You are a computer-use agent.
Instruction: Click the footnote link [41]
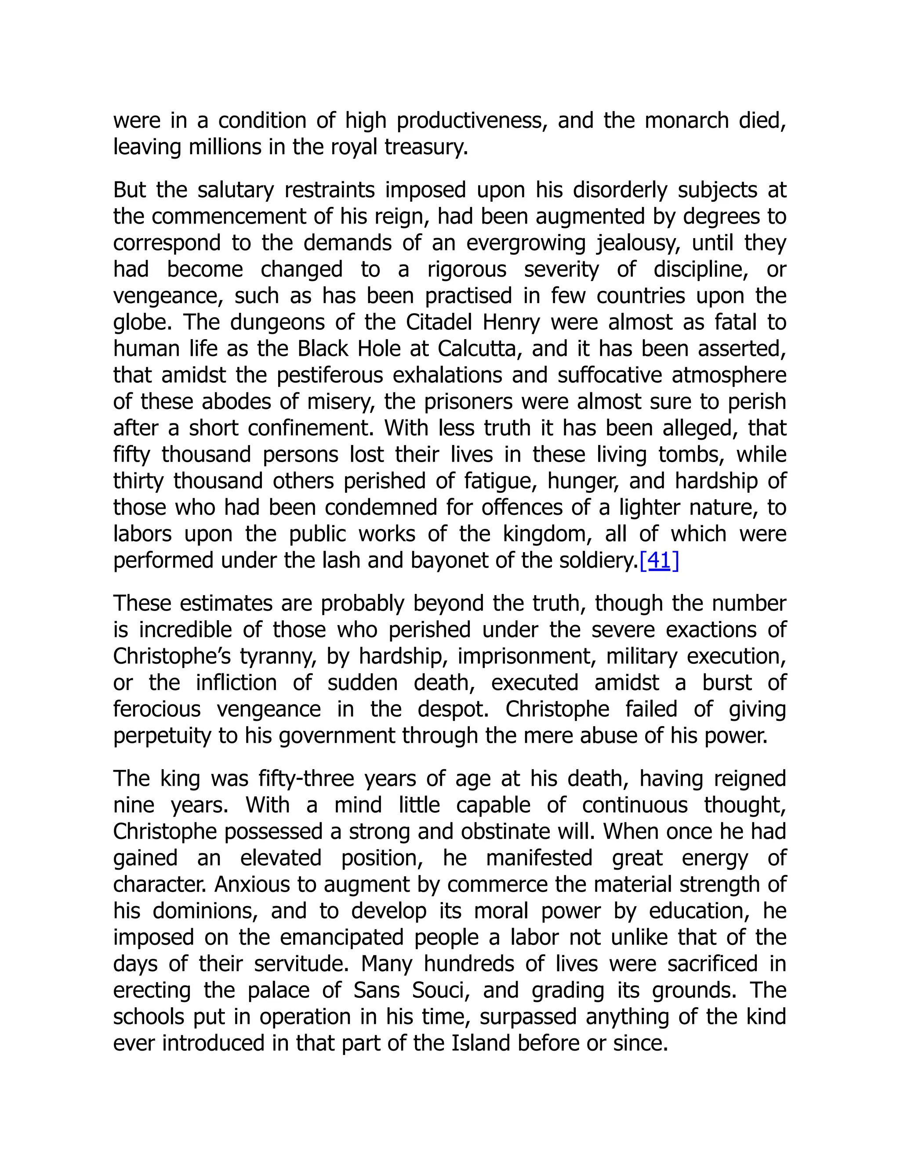(659, 560)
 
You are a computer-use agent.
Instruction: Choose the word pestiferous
(330, 375)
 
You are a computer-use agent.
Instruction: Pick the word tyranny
(273, 657)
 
